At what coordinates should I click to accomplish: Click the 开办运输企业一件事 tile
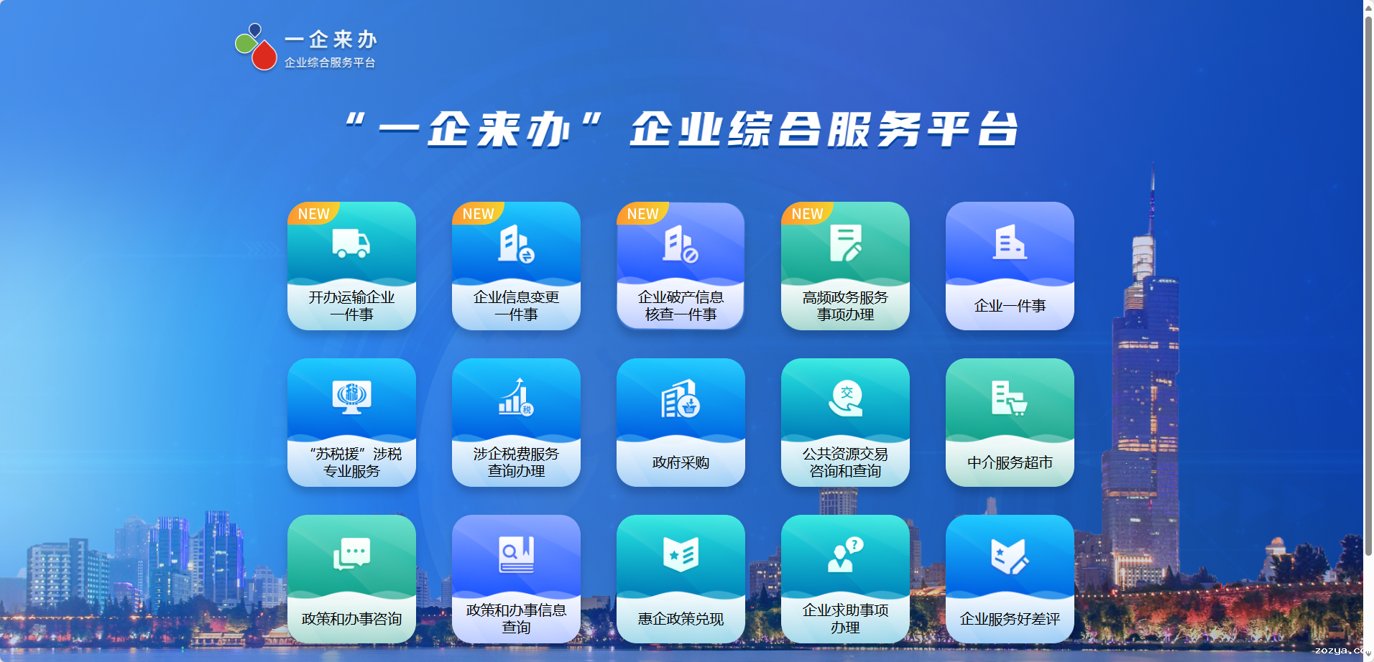(351, 266)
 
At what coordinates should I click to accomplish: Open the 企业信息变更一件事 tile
(516, 266)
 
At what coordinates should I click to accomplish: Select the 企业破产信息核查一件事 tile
(681, 266)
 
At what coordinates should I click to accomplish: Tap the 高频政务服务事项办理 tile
(845, 266)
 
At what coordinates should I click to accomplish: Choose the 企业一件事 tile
(1010, 266)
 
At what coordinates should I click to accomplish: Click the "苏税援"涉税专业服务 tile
(351, 422)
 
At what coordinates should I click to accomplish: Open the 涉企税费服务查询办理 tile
(516, 422)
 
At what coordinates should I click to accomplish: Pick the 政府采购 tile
(681, 422)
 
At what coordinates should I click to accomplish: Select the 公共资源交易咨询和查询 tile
(845, 422)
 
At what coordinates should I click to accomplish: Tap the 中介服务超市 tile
(1010, 422)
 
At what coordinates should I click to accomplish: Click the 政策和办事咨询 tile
(351, 579)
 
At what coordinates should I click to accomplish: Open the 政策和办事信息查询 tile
(516, 579)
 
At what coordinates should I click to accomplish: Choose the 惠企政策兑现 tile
(681, 579)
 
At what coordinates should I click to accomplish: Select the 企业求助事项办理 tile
(845, 579)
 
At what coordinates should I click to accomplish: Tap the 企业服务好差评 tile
(1010, 579)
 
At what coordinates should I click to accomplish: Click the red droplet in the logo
(264, 55)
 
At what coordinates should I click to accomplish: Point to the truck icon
(351, 243)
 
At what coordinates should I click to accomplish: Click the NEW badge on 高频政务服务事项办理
(807, 213)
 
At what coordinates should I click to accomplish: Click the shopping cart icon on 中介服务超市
(1018, 407)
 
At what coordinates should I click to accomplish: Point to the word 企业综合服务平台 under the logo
(330, 62)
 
